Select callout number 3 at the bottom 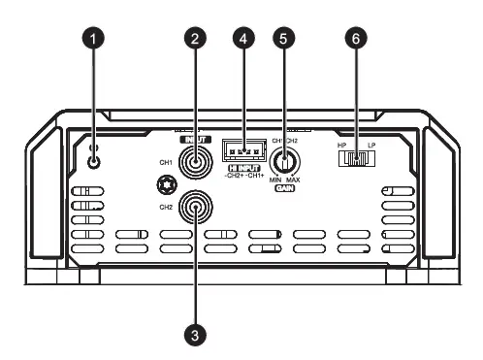click(196, 334)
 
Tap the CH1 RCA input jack click(196, 163)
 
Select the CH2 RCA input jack click(197, 207)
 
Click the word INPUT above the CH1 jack click(196, 140)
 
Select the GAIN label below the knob click(284, 189)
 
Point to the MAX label click(295, 180)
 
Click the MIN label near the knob click(274, 180)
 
